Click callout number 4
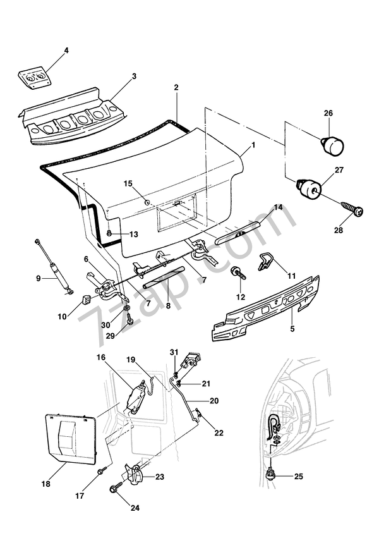click(x=66, y=49)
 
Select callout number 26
click(x=328, y=114)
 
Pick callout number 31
click(x=174, y=352)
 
